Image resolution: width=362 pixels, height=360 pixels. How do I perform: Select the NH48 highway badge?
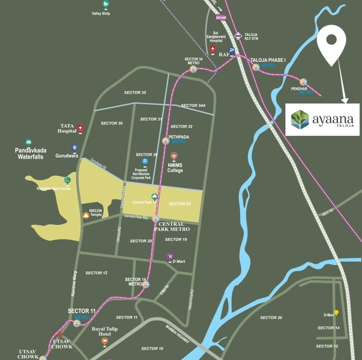pos(221,18)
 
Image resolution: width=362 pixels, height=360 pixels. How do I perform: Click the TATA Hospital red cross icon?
pos(80,128)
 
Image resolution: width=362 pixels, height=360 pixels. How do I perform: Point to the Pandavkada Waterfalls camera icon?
pos(29,142)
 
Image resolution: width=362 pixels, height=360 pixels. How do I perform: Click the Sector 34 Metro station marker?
pos(193,69)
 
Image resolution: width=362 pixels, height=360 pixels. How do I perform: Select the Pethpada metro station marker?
pos(165,141)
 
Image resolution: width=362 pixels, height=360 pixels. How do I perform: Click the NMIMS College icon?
pos(174,156)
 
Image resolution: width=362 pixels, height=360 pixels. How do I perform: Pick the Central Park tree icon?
pos(154,197)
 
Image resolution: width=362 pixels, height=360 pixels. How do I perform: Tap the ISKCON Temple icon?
pos(85,215)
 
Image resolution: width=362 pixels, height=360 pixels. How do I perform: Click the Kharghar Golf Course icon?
pos(68,180)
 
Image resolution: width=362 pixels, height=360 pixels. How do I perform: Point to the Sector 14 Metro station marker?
pos(146,284)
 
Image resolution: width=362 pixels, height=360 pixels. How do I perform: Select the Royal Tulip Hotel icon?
pos(105,341)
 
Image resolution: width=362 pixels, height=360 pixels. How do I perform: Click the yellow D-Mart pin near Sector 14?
pos(336,313)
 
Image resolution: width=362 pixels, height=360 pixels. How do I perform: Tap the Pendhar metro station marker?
pos(303,82)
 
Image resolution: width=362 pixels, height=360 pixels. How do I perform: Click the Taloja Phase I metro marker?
pos(256,67)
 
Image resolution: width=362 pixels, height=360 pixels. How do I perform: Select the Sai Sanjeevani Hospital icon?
pos(213,49)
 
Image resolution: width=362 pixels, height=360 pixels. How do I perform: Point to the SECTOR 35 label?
pos(135,93)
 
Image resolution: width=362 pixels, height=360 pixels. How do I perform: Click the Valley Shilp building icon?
pos(105,4)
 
